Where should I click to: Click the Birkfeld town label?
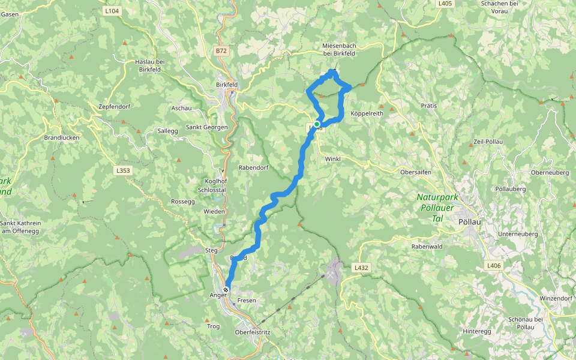[x=227, y=85]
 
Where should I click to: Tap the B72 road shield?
[x=221, y=51]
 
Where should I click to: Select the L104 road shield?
[x=112, y=11]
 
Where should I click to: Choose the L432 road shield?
[x=361, y=268]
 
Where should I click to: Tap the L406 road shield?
[x=494, y=266]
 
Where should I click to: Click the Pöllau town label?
[x=468, y=221]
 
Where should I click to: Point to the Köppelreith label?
[x=367, y=113]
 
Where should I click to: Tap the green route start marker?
[x=317, y=125]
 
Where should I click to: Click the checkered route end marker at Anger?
[x=226, y=289]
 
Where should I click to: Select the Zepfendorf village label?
[x=114, y=106]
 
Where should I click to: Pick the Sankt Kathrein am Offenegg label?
[x=21, y=227]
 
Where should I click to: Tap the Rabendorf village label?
[x=252, y=167]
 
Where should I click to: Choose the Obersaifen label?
[x=416, y=172]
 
